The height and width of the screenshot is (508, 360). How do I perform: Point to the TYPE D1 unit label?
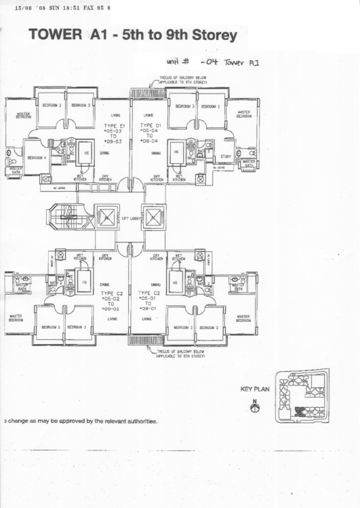150,126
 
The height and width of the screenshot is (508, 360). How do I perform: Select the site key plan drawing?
301,396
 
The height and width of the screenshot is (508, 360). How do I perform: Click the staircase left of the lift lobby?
64,217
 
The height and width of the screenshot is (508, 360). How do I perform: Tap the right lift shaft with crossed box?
155,217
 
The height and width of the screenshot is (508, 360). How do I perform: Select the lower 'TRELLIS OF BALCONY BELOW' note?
180,353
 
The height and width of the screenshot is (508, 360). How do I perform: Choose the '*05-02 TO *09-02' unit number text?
112,303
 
